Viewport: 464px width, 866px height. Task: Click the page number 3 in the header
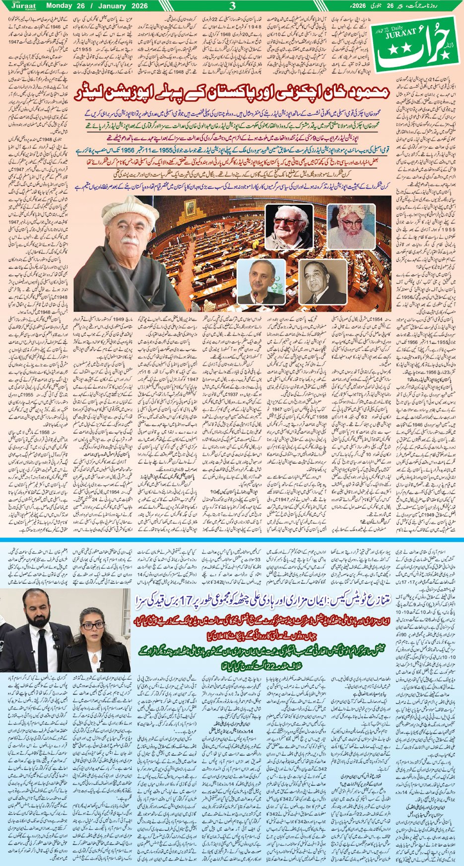pos(232,6)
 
